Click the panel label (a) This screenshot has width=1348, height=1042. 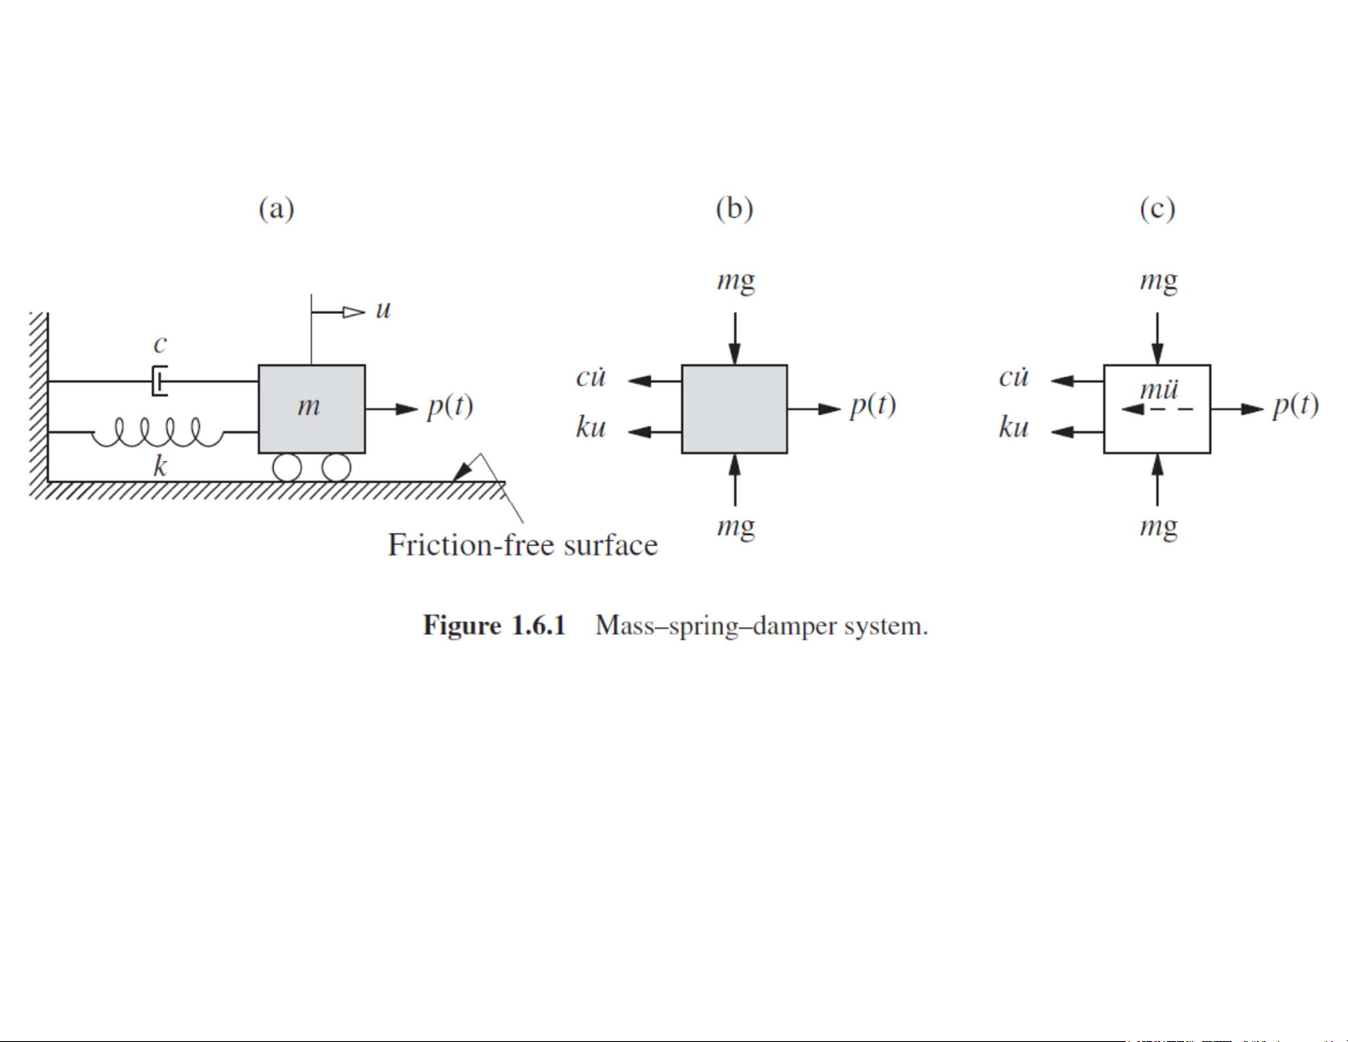[x=276, y=208]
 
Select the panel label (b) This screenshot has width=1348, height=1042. [x=734, y=208]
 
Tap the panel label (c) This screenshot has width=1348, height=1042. [x=1157, y=208]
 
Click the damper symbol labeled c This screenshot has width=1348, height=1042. [x=159, y=380]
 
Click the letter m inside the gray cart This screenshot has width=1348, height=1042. [x=309, y=407]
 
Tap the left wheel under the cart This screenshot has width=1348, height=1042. [x=287, y=468]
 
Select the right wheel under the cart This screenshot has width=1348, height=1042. [x=336, y=468]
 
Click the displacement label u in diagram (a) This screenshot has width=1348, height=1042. [x=383, y=310]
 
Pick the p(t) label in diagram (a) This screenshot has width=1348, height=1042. [x=450, y=407]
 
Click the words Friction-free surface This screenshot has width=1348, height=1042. [x=522, y=545]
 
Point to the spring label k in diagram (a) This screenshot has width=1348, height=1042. [x=159, y=465]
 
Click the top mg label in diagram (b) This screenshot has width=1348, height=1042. [x=736, y=281]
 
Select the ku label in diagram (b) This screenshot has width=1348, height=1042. [x=590, y=427]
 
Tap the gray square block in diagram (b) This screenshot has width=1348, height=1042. [x=734, y=409]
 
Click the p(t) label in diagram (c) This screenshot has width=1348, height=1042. [x=1295, y=407]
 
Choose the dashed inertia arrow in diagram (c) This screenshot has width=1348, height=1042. [x=1157, y=410]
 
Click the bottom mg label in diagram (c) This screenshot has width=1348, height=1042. [x=1158, y=527]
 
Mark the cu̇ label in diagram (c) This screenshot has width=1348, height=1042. [x=1014, y=377]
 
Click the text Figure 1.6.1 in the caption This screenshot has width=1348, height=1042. [x=494, y=626]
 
